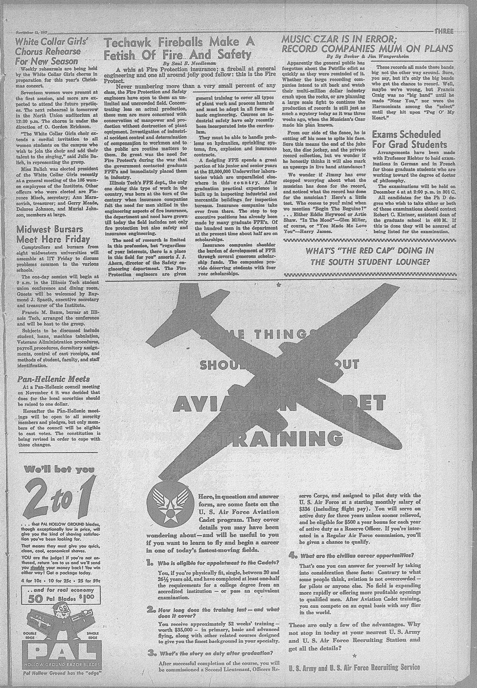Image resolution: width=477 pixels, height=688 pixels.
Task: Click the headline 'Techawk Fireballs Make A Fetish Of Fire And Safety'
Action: (x=179, y=49)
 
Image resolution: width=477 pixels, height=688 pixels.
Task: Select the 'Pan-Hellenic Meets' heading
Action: (x=53, y=379)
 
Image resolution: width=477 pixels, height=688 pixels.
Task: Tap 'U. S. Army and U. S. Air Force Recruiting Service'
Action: (x=354, y=666)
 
